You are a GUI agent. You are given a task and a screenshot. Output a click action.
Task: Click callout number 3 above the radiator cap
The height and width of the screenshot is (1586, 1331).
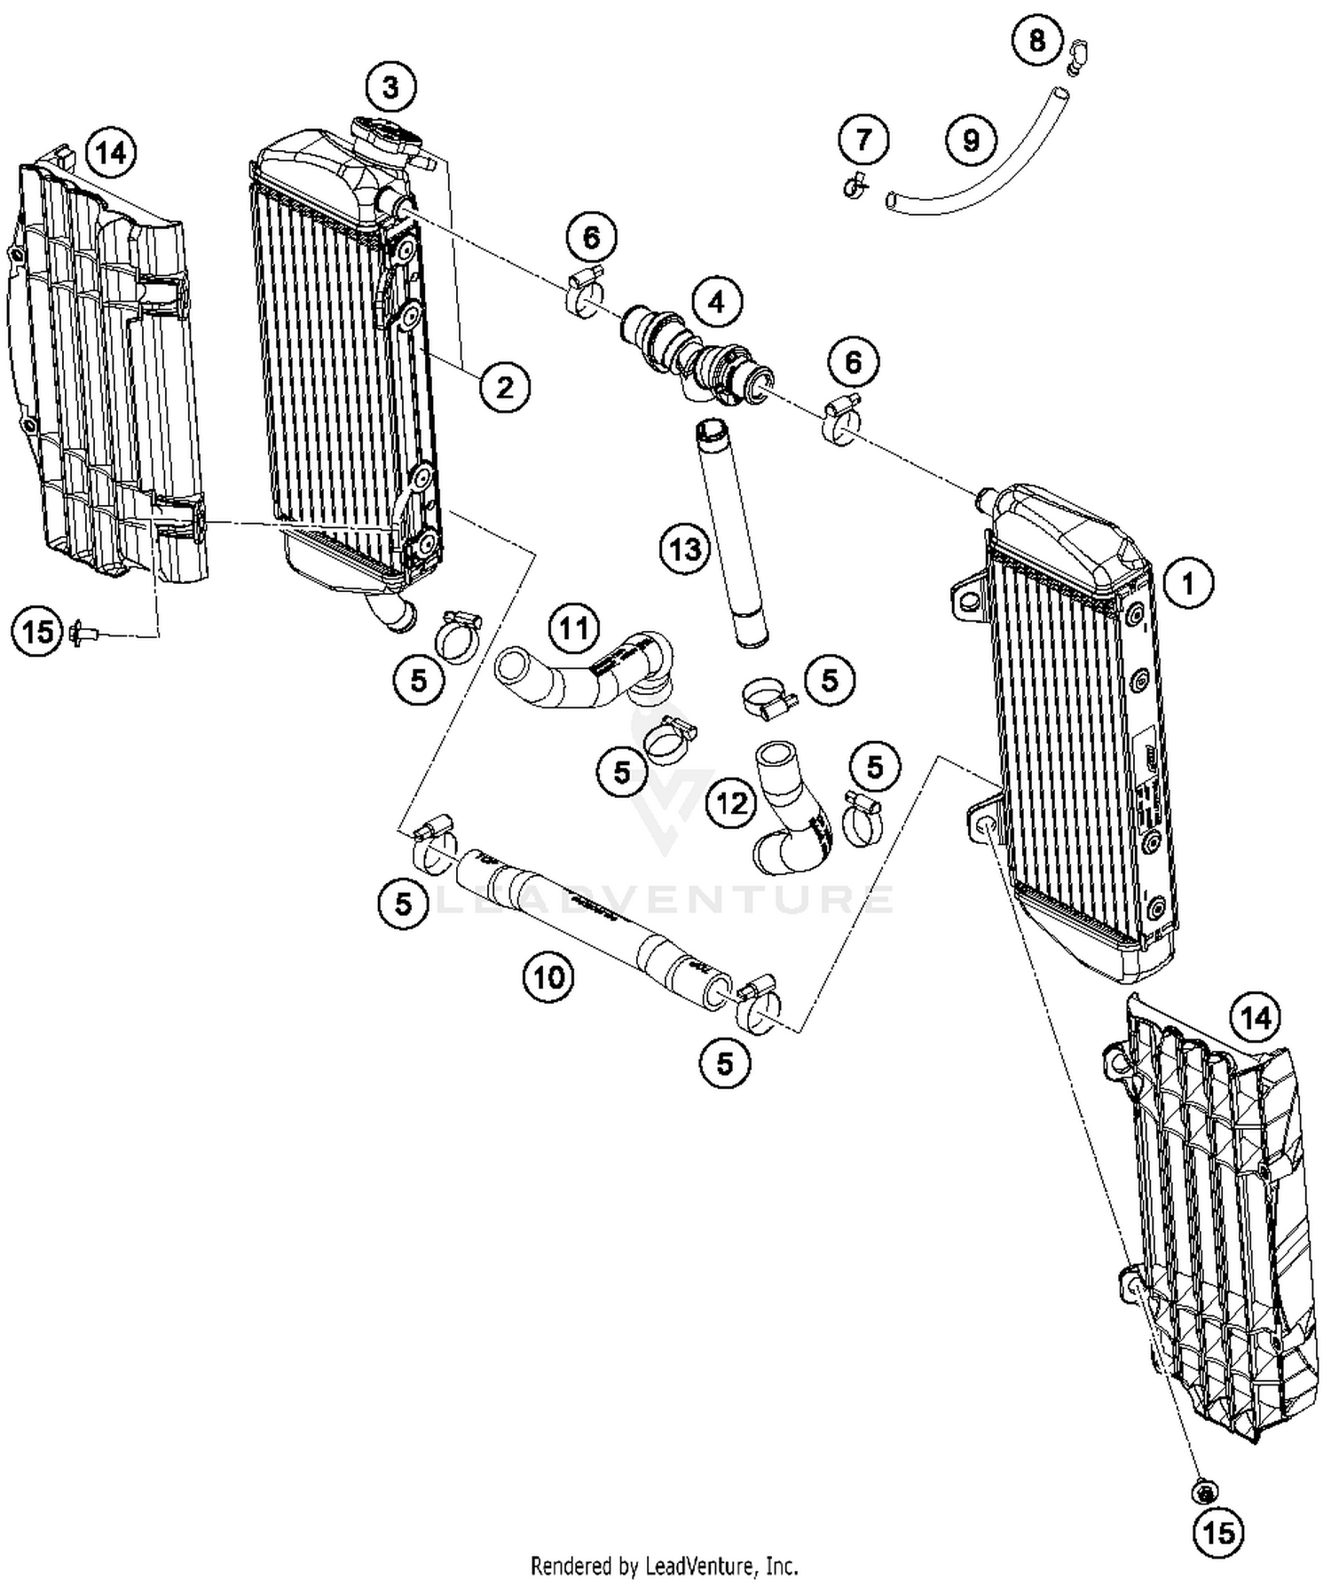point(390,87)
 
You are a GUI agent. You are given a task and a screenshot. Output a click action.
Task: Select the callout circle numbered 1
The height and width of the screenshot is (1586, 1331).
point(1187,583)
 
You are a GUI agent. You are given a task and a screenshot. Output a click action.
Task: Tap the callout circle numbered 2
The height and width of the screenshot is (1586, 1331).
point(504,387)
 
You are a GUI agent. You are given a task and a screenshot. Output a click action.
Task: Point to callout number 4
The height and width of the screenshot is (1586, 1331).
point(716,302)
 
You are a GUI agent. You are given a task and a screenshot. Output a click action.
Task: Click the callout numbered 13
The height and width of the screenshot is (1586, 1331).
point(685,549)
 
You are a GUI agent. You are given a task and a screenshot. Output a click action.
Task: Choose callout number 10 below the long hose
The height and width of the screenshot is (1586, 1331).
point(548,977)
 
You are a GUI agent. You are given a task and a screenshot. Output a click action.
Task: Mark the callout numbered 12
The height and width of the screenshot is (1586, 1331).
point(732,803)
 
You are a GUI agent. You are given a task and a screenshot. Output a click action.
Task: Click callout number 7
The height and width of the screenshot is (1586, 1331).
point(863,139)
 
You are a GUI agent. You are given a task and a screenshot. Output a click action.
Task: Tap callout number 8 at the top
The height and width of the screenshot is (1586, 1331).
point(1037,41)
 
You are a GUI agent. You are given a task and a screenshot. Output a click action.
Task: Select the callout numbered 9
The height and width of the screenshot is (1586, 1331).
point(971,139)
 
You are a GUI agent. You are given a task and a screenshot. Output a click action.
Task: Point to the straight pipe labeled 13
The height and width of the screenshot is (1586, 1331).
point(733,533)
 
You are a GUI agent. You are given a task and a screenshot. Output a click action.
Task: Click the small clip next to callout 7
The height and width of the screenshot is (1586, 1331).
point(855,187)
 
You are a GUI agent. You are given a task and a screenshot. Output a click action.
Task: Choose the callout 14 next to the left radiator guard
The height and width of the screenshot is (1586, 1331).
point(112,154)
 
